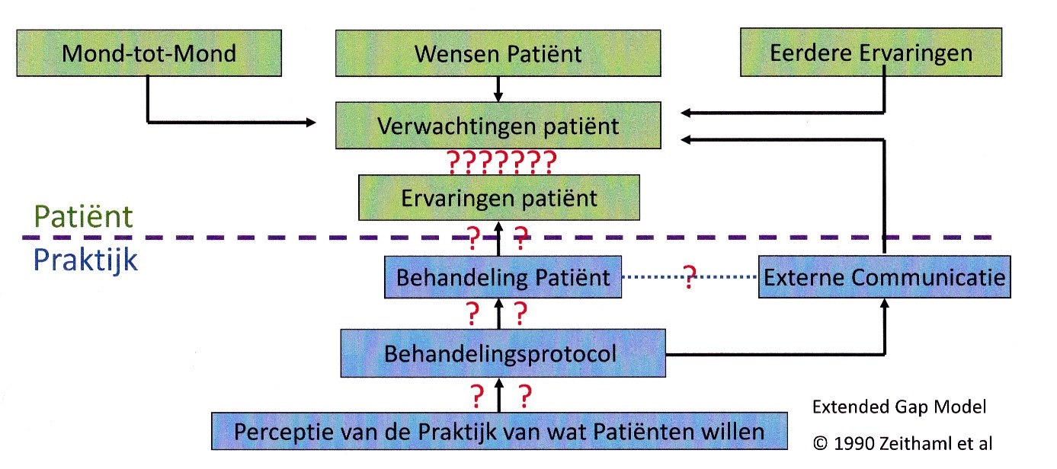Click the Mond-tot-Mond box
149,53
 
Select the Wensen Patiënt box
498,53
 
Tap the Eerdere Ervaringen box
870,53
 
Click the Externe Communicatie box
884,277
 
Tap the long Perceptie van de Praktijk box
499,432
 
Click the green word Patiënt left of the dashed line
84,216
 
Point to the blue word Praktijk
85,260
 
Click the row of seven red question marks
500,161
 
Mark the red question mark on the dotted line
690,276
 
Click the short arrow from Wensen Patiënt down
498,88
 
